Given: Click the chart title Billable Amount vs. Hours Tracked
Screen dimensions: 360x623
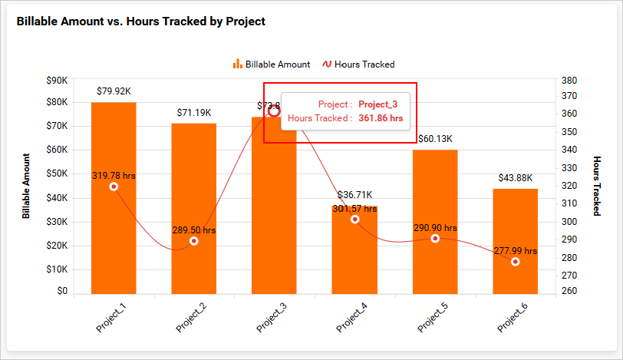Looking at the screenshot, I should (141, 21).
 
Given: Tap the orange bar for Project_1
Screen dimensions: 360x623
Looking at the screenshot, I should (114, 230).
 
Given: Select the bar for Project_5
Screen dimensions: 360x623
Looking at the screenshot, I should (435, 192).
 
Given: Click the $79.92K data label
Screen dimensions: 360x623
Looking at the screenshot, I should (114, 91).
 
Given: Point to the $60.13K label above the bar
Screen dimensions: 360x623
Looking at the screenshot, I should (435, 139).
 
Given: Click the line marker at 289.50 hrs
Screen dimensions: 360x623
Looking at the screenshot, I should (194, 241).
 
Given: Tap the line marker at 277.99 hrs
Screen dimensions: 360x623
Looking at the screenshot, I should (516, 262).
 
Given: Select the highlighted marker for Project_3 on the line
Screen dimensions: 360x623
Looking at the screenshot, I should (274, 111).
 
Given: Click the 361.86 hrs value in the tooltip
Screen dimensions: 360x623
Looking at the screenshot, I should (381, 118).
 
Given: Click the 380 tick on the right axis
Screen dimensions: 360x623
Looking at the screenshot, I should (569, 79).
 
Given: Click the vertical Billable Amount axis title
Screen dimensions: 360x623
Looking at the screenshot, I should (26, 186).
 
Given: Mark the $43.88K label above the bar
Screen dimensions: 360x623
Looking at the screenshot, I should (516, 178).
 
